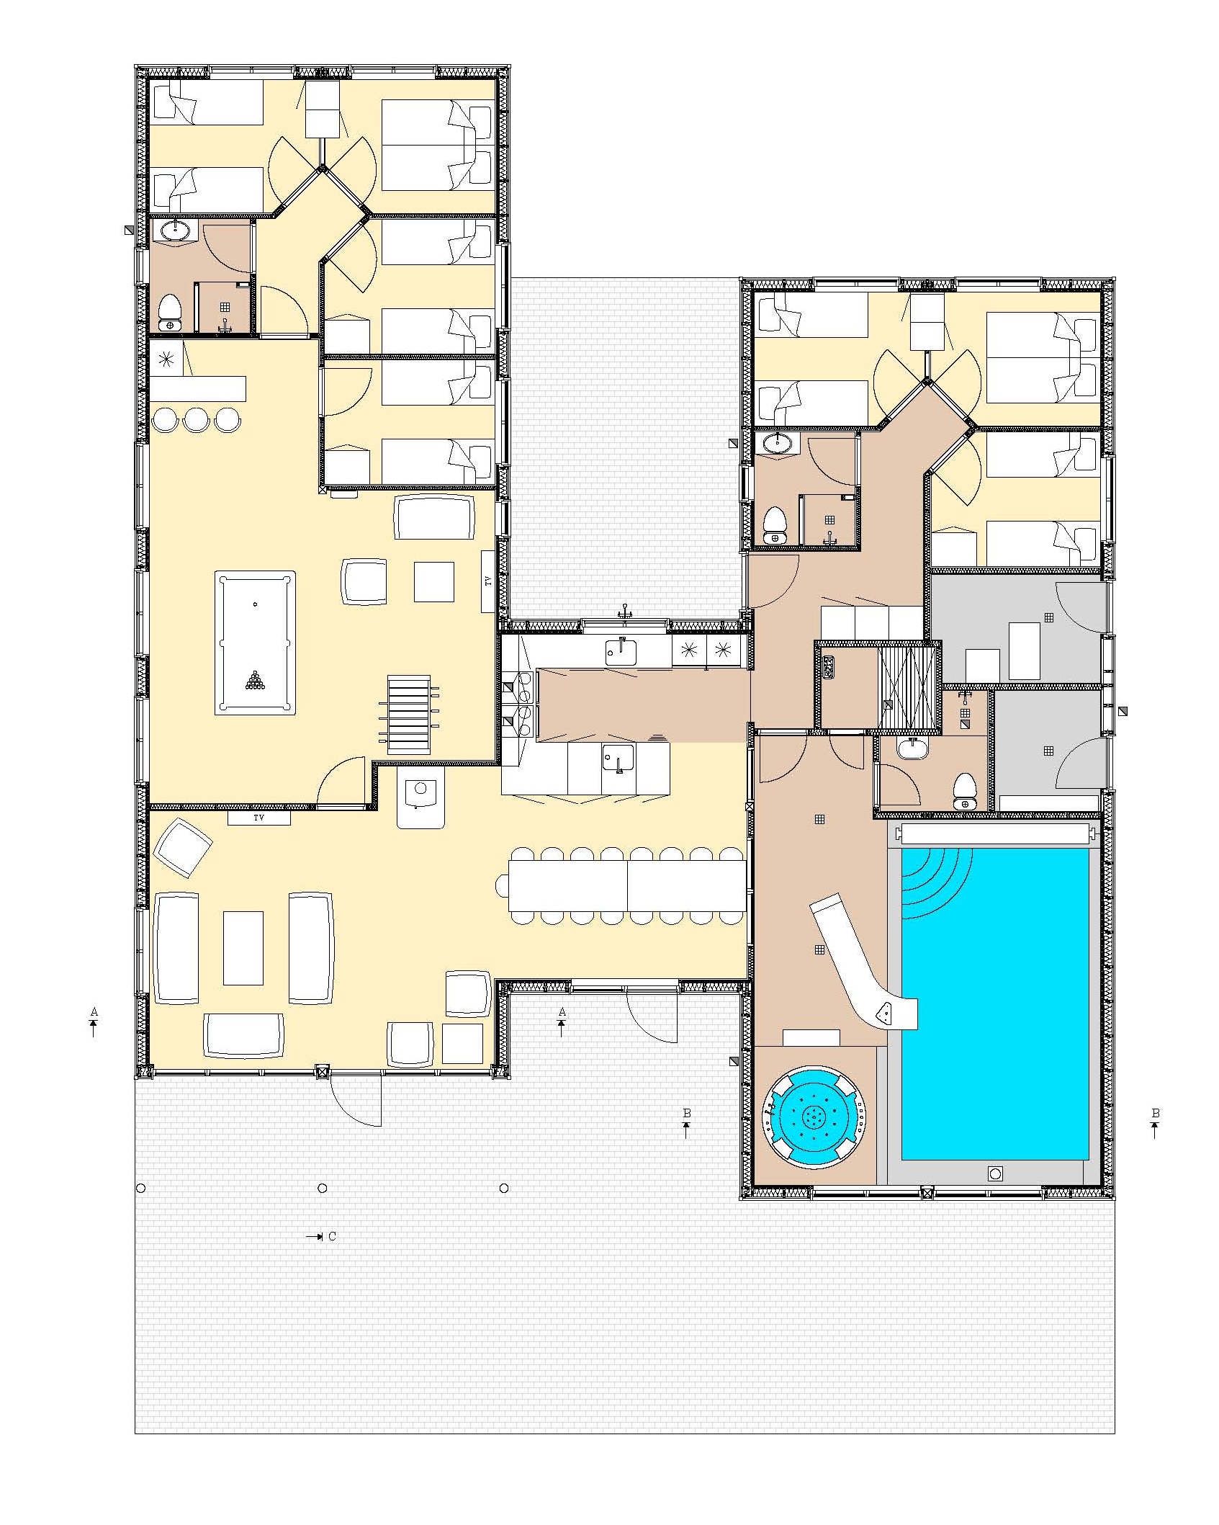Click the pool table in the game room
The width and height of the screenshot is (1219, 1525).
[x=256, y=643]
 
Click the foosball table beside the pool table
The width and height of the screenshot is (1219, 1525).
[x=408, y=714]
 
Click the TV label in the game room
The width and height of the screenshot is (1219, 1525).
[x=489, y=581]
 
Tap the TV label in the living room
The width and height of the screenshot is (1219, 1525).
[x=258, y=818]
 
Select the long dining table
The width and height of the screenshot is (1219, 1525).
[x=627, y=885]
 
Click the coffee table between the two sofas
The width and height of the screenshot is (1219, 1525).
[x=243, y=947]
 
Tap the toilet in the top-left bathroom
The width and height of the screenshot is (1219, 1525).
[x=171, y=314]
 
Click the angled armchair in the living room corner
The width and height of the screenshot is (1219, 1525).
[x=184, y=848]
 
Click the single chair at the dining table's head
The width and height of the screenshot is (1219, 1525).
[x=503, y=885]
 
